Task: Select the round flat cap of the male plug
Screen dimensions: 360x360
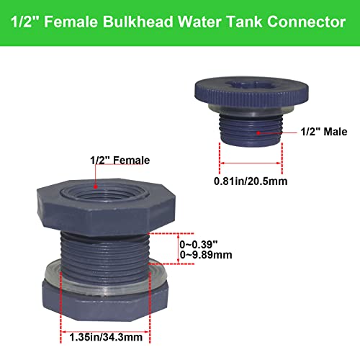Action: pyautogui.click(x=248, y=91)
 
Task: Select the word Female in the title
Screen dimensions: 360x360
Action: pyautogui.click(x=75, y=23)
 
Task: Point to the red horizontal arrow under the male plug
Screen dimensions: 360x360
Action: pyautogui.click(x=251, y=163)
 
